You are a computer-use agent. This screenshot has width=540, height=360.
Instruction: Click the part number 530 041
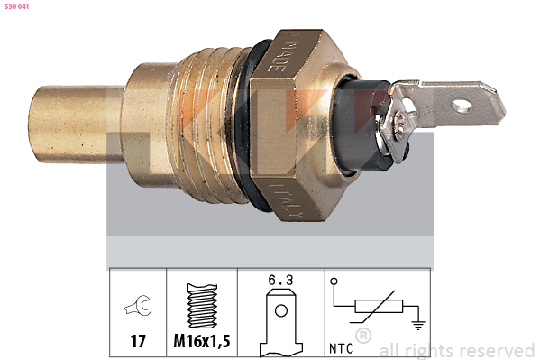(x=16, y=6)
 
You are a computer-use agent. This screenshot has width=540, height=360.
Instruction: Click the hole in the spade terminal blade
(x=462, y=106)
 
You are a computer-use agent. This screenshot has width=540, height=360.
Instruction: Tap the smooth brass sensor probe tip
(x=76, y=125)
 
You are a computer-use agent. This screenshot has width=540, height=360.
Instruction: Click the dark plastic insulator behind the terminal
(x=358, y=125)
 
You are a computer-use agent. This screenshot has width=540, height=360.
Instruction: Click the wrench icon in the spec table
(x=139, y=305)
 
